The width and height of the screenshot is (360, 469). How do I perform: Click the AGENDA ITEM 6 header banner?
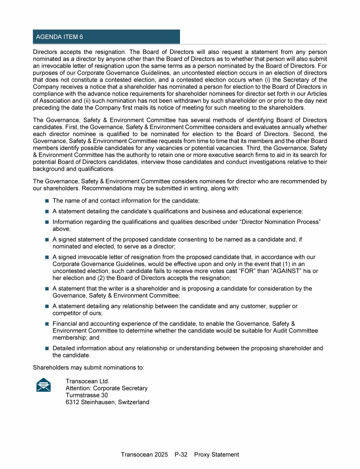[106, 37]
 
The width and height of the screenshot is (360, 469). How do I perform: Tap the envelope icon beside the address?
[44, 385]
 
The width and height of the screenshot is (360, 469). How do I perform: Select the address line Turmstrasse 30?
[87, 395]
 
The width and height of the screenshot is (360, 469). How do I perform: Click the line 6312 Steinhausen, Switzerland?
[107, 402]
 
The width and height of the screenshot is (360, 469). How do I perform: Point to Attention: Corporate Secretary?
[106, 388]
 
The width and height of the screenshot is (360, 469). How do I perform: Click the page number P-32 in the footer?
[181, 454]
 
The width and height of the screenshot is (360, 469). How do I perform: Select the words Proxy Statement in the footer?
[217, 454]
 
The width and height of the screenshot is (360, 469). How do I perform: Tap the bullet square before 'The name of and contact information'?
[47, 201]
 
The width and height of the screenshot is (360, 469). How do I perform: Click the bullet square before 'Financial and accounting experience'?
[47, 324]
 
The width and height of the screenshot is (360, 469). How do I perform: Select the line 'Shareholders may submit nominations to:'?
[89, 367]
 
